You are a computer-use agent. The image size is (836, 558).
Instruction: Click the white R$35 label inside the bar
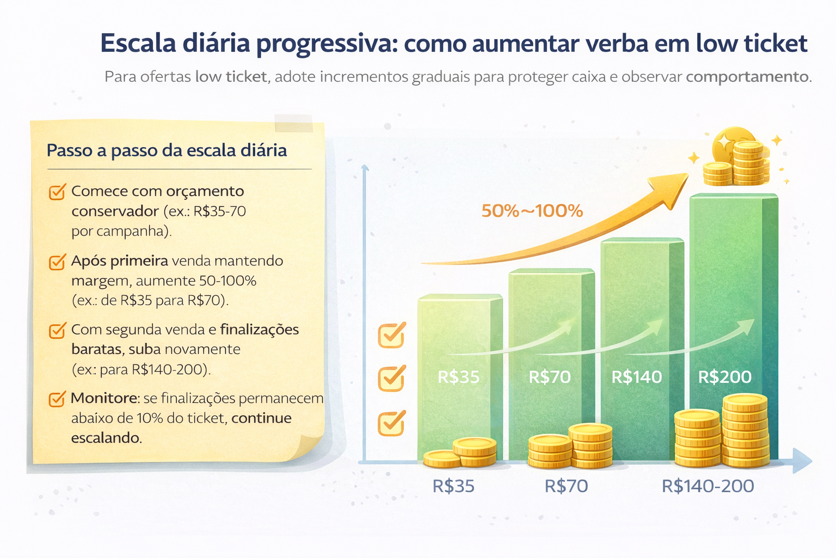point(458,377)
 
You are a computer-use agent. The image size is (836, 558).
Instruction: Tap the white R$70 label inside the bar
point(550,377)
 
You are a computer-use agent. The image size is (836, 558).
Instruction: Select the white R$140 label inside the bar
point(637,377)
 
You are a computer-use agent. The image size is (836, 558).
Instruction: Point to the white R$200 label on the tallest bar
point(725,377)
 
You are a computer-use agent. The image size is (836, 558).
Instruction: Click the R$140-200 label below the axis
point(708,486)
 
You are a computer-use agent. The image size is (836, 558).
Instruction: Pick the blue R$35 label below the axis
point(453,486)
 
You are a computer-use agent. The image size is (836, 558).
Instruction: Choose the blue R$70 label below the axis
point(566,486)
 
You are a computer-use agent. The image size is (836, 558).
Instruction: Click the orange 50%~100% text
point(532,211)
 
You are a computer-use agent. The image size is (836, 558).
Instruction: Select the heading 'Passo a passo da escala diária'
point(167,150)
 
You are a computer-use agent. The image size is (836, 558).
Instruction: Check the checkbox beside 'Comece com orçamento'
point(57,192)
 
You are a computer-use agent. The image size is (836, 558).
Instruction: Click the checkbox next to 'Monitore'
point(57,399)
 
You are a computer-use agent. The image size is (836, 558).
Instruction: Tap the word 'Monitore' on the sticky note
point(103,398)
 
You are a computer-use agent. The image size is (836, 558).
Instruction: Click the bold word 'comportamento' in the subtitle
point(747,77)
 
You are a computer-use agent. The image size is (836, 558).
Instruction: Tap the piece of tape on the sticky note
point(294,123)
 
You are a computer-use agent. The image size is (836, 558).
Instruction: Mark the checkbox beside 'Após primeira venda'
point(57,262)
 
